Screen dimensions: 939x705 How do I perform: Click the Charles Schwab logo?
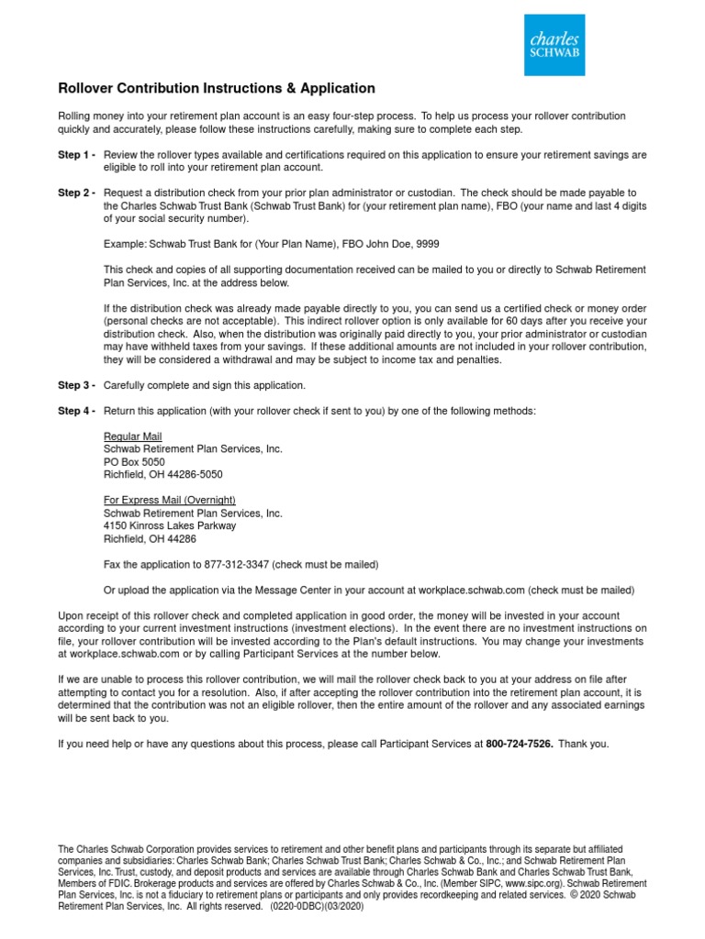[x=554, y=45]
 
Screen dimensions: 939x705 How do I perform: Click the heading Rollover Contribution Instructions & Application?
[x=217, y=89]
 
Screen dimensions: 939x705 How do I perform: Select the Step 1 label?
[x=77, y=155]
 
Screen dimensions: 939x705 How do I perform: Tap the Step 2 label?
[x=77, y=193]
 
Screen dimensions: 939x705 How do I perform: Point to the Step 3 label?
[x=77, y=385]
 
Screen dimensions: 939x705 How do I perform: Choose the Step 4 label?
[x=77, y=411]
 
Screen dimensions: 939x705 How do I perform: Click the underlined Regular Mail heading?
[x=133, y=436]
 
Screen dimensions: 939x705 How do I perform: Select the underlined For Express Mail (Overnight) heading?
[x=170, y=500]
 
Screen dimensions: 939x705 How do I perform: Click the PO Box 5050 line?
[x=135, y=462]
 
